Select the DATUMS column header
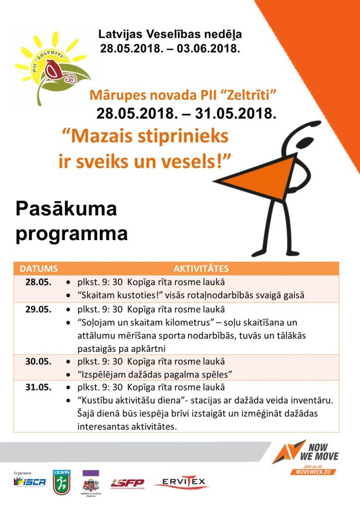point(39,269)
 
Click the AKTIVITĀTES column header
point(201,269)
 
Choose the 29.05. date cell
point(38,309)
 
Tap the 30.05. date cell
point(38,361)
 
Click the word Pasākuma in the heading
point(66,209)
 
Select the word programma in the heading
point(72,234)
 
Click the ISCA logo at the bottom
point(30,482)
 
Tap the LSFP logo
point(127,483)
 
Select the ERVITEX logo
point(181,482)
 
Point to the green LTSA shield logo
point(62,482)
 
